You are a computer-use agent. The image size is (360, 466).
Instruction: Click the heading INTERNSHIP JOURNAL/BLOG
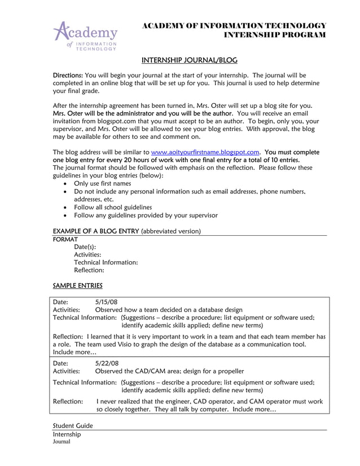189,60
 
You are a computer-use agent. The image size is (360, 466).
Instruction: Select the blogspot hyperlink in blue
205,152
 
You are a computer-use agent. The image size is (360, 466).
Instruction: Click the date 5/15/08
107,301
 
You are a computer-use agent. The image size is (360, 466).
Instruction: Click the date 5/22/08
107,363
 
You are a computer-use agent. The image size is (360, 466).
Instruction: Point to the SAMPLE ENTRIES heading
77,285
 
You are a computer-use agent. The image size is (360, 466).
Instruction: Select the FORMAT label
65,239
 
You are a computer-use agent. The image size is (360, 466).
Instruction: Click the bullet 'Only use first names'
102,183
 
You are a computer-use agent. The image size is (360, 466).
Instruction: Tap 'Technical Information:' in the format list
106,262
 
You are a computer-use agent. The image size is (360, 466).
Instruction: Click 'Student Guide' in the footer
73,425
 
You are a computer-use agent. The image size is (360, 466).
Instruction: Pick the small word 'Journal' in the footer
62,442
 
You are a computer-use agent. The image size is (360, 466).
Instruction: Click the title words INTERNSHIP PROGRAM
275,35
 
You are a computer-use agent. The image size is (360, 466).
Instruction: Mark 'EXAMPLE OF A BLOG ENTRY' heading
95,231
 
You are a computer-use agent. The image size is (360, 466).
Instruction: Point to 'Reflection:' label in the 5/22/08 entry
68,401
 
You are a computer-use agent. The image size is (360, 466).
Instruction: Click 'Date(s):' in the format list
85,247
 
